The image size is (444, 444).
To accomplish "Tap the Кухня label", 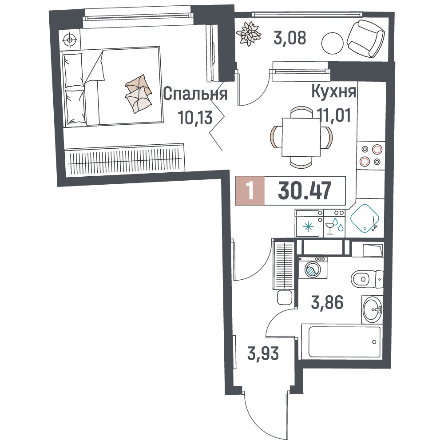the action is [333, 91].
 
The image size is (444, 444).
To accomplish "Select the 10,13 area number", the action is [195, 118].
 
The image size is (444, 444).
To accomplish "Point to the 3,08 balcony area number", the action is [290, 38].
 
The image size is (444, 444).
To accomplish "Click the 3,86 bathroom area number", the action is [327, 302].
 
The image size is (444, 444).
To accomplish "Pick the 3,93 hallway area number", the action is [263, 354].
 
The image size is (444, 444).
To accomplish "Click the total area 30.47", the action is [305, 190].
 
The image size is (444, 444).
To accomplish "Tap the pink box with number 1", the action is [250, 190].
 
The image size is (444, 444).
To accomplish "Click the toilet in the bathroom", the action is [367, 279].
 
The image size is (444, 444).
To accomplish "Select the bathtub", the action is [344, 342].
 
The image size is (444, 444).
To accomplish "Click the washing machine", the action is [313, 268].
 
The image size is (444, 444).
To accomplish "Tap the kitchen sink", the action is [365, 218].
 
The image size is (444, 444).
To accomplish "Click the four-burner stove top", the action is [371, 155].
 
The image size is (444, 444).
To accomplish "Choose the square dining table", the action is [301, 137].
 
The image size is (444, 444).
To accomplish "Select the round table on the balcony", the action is [333, 44].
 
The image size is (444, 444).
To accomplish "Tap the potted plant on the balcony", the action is [248, 34].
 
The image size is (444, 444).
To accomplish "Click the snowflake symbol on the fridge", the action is [308, 227].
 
